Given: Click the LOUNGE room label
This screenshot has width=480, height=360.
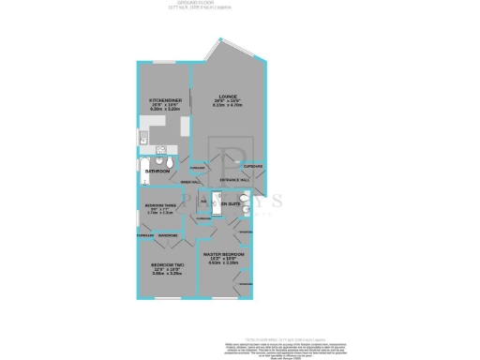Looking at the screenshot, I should click(227, 97).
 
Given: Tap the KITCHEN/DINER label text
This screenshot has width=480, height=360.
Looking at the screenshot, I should click(164, 99).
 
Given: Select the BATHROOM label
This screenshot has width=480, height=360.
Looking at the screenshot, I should click(157, 172).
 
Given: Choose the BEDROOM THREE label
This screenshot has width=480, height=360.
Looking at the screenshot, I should click(161, 205).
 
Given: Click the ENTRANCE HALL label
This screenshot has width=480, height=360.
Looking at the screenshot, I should click(233, 180).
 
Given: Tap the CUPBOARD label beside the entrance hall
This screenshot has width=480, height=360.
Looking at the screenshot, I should click(252, 166).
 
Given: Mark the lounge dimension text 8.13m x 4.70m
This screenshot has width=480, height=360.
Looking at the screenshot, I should click(227, 107).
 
